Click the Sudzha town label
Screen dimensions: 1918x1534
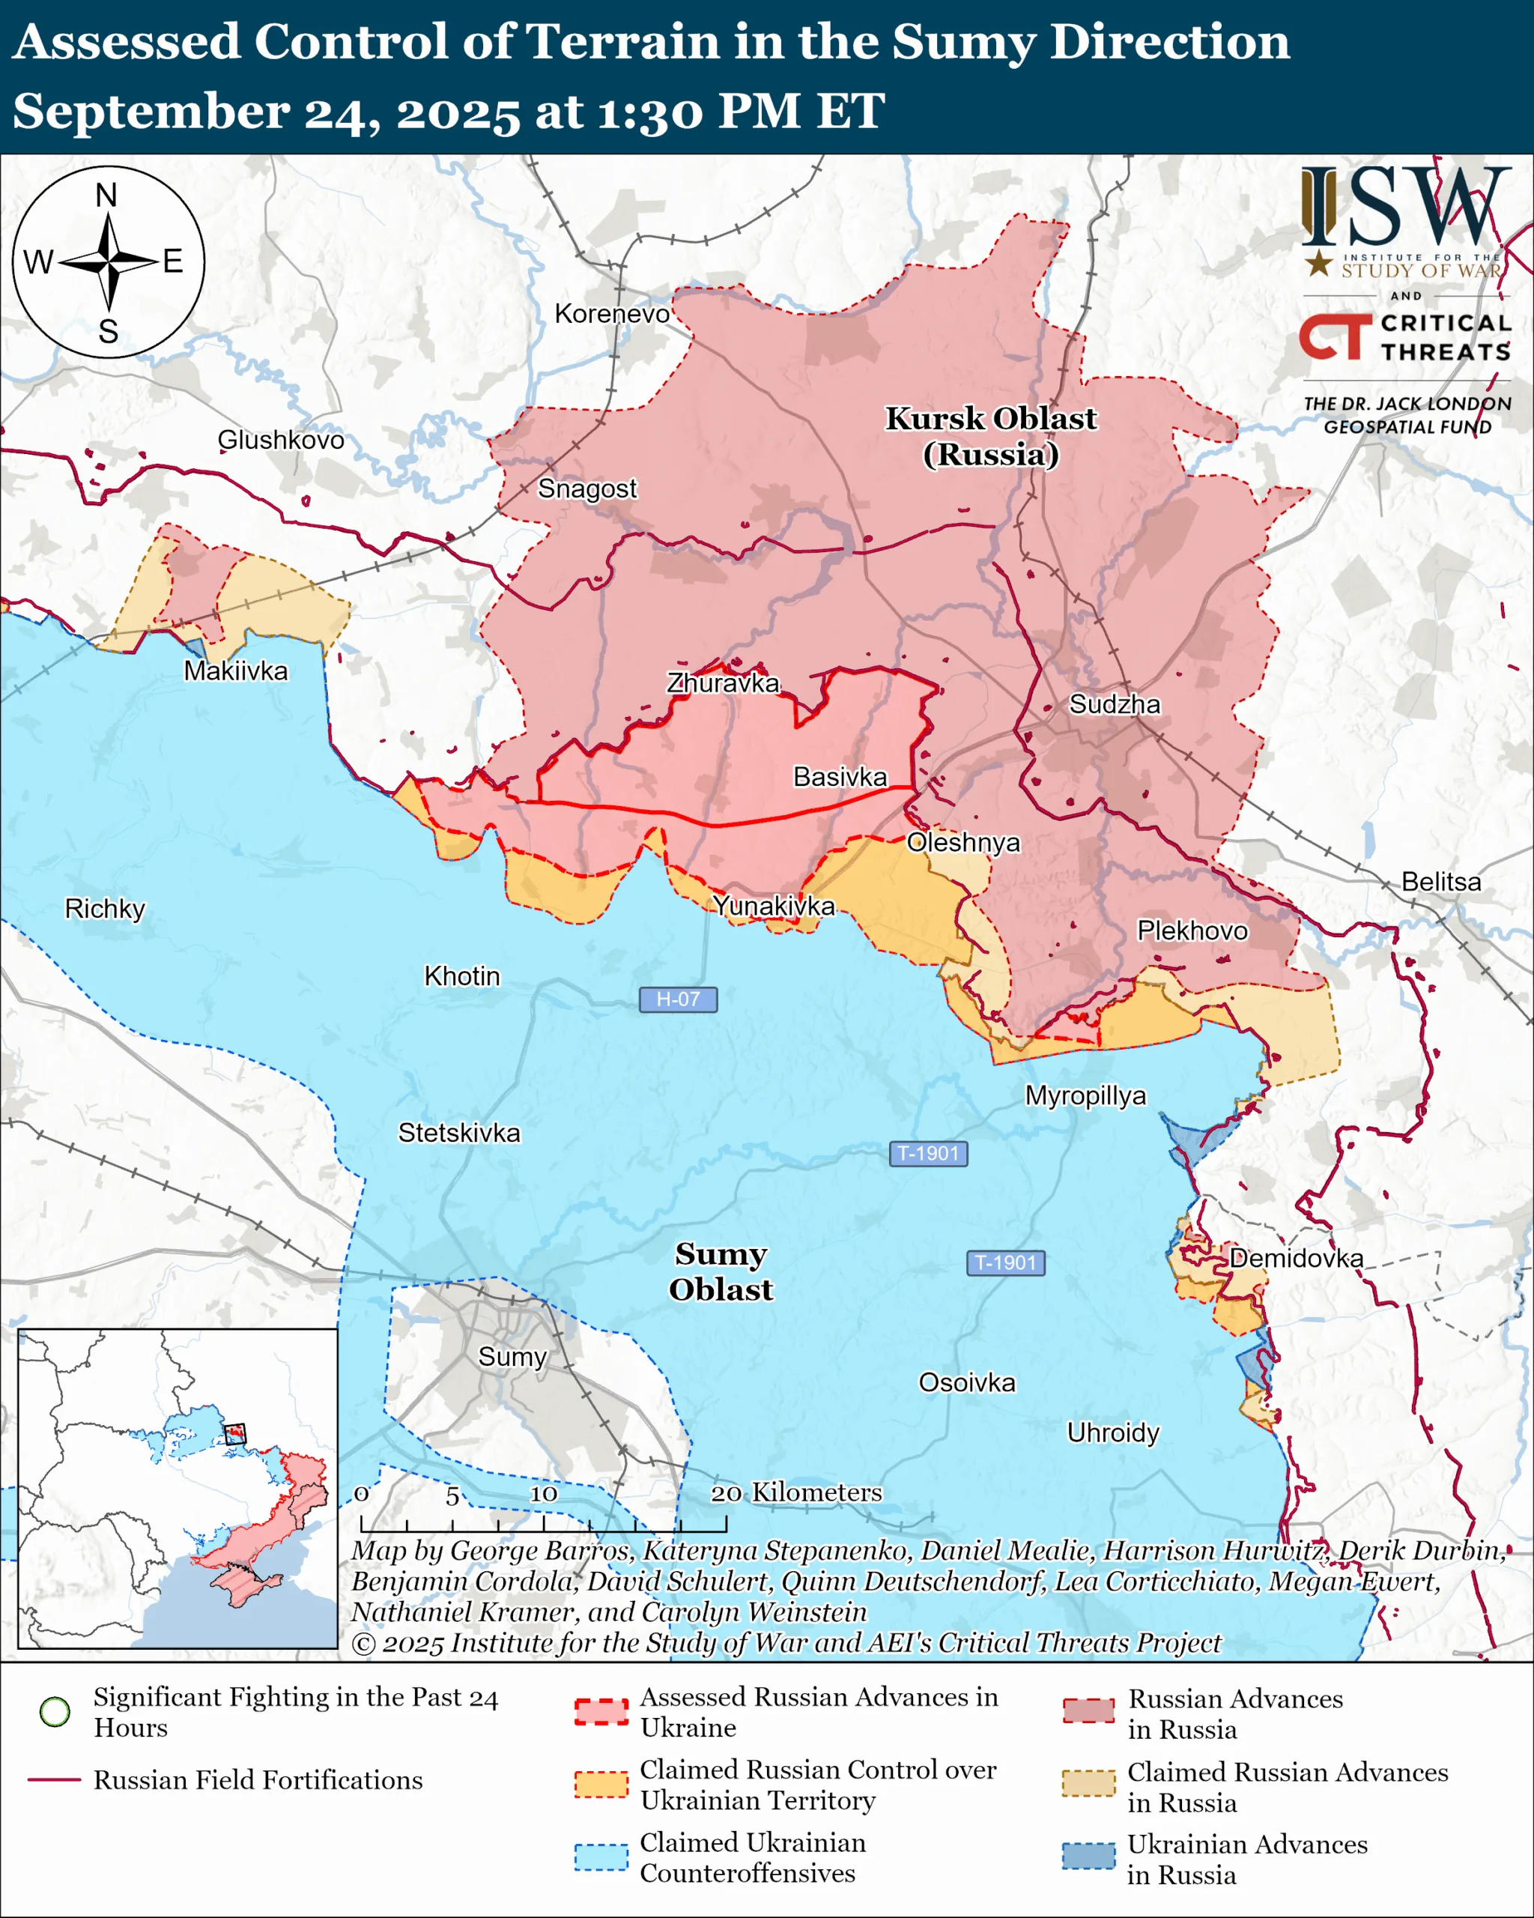(1115, 704)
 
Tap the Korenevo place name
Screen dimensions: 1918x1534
(612, 313)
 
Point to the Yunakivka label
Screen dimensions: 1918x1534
(774, 906)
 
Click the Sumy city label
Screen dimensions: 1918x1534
(512, 1357)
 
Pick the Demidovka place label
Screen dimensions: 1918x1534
(1296, 1258)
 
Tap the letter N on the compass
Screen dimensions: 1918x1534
(106, 195)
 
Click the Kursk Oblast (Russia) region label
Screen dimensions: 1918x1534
(991, 436)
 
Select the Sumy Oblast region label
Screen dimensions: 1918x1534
(721, 1271)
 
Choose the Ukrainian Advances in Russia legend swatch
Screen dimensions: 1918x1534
(1088, 1857)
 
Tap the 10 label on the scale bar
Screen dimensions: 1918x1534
(543, 1494)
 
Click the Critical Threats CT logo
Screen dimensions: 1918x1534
(1335, 336)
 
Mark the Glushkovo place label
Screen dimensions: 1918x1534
(280, 440)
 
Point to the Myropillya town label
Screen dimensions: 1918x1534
(1086, 1095)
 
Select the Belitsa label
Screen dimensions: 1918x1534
(1440, 882)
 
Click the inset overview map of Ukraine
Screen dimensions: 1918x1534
(178, 1487)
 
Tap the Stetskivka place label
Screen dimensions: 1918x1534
(459, 1133)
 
